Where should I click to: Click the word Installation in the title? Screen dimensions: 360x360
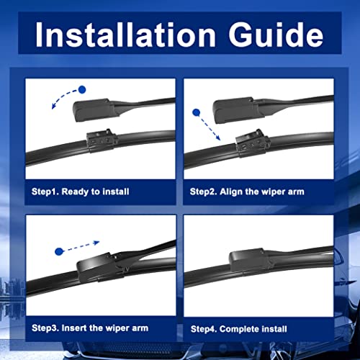(x=125, y=35)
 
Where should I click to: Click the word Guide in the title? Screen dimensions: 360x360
(x=276, y=35)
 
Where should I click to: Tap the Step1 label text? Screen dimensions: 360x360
(x=45, y=192)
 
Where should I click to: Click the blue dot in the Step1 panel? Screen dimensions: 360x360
(x=82, y=90)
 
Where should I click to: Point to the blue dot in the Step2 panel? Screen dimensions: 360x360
(x=197, y=112)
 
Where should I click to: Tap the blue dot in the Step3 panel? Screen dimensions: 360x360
(x=59, y=251)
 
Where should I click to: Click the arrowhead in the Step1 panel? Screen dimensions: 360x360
(x=54, y=106)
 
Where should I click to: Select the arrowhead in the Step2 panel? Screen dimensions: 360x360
(x=217, y=138)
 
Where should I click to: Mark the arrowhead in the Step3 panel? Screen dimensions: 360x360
(x=96, y=243)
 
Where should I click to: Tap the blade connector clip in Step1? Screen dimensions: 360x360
(x=102, y=141)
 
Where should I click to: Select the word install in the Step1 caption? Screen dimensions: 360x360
(x=116, y=192)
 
